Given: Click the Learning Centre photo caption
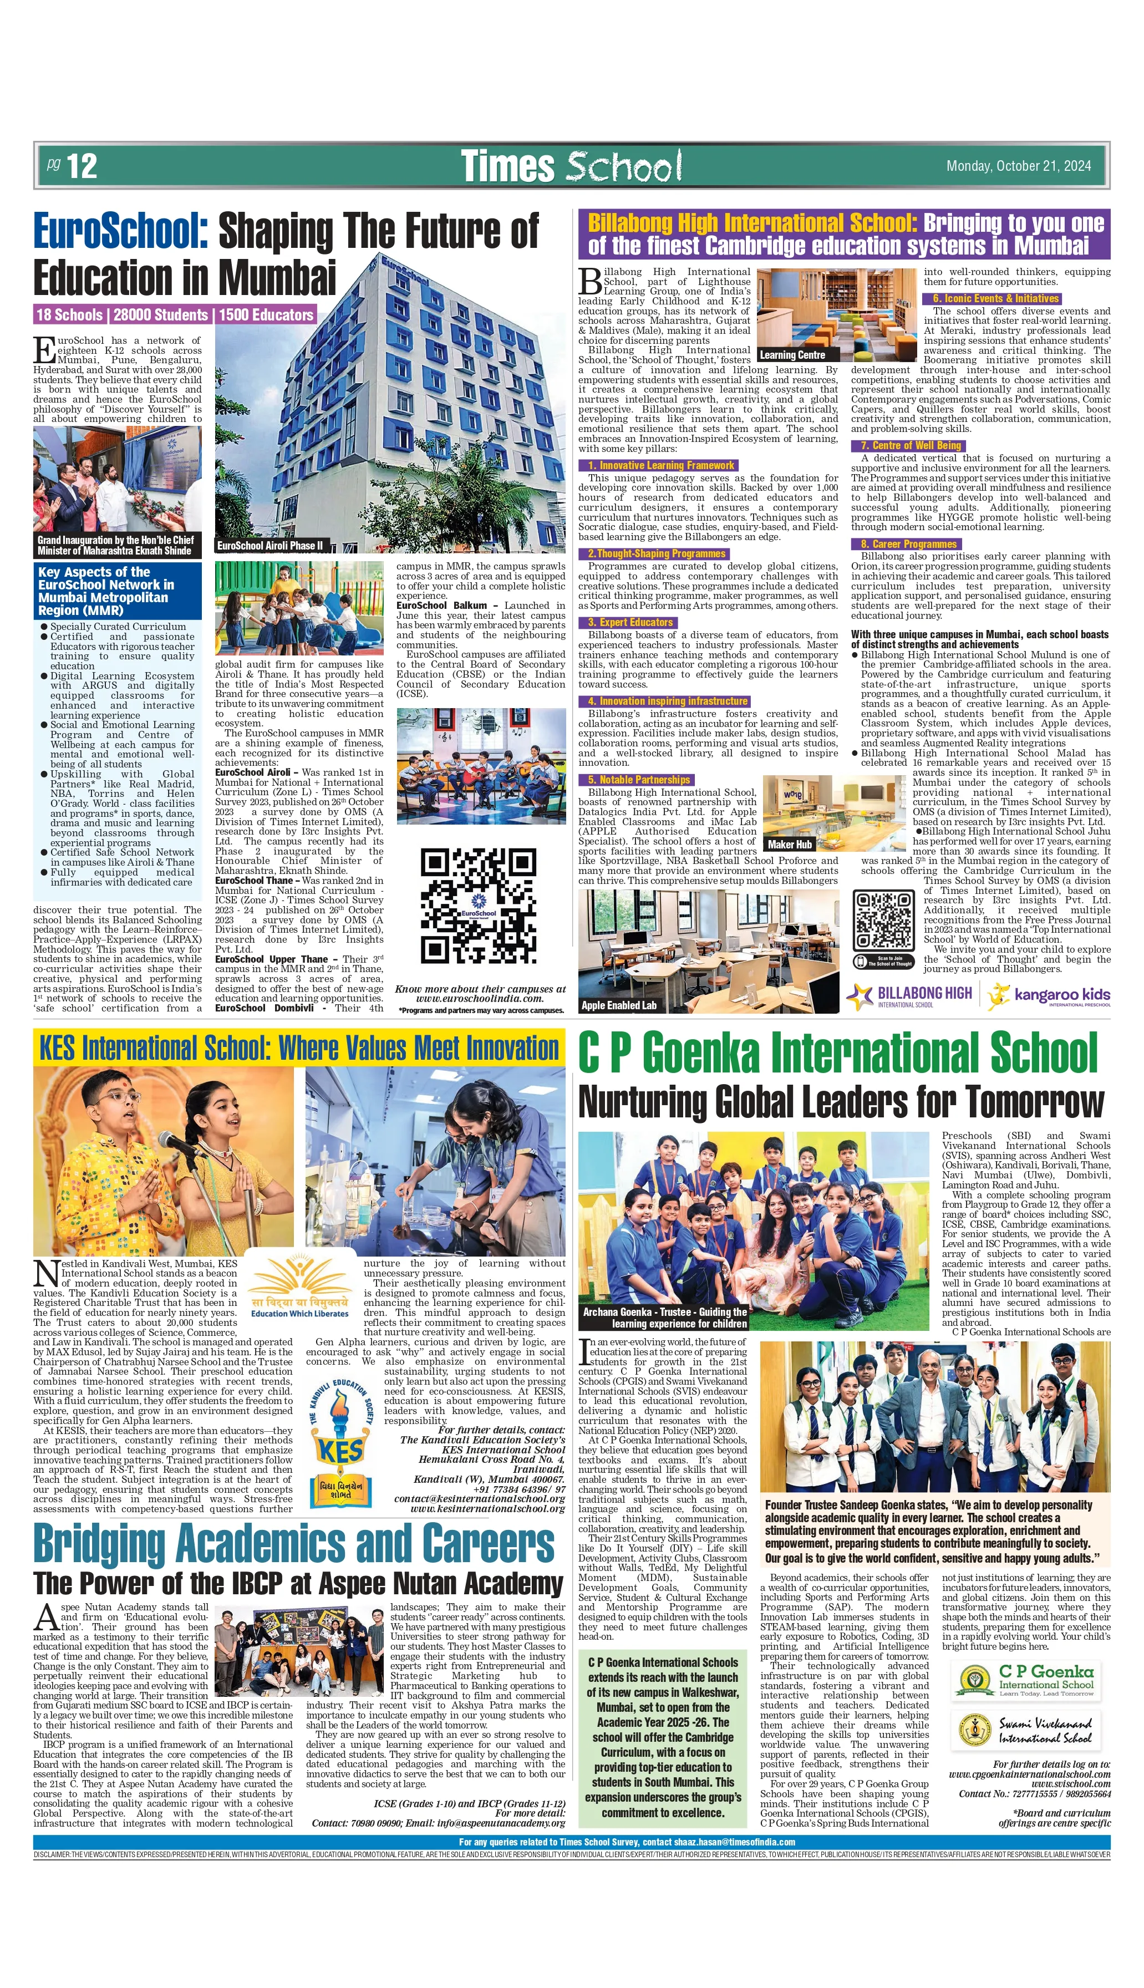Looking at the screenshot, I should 792,354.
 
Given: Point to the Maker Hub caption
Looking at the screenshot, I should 790,845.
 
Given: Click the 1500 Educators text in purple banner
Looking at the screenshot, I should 266,315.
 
